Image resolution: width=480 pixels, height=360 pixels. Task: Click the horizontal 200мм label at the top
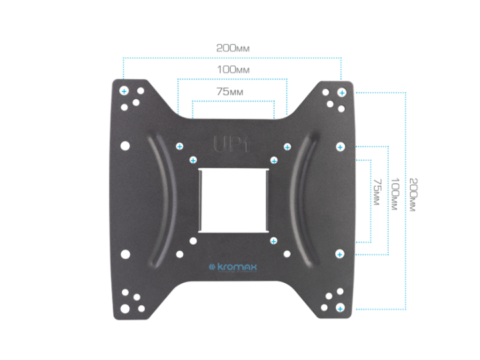233,48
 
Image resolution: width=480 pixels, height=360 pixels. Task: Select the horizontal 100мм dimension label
233,69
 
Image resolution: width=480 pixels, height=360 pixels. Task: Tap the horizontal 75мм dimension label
230,91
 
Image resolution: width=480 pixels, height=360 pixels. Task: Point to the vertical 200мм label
413,195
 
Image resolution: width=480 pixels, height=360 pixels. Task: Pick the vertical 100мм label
395,194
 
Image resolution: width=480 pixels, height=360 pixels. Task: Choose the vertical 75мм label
377,192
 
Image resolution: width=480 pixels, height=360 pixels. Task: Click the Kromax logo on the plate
233,267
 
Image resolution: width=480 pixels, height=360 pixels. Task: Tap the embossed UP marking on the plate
231,144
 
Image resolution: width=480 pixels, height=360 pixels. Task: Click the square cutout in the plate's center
234,200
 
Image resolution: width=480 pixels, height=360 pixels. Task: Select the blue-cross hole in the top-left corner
124,91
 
